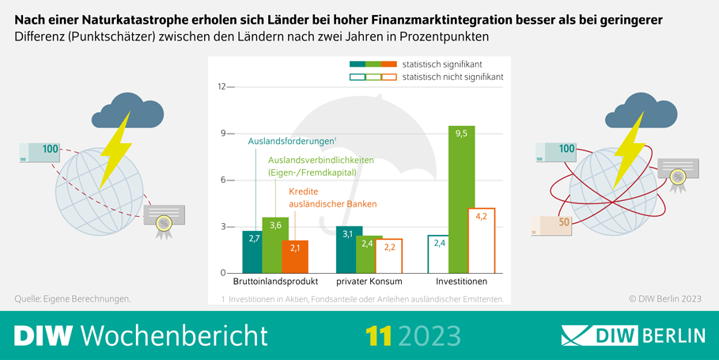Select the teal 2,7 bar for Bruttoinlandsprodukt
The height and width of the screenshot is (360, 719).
tap(255, 251)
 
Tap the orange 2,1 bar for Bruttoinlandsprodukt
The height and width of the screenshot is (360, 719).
tap(294, 256)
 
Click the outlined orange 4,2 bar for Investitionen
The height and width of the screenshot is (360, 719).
tap(481, 241)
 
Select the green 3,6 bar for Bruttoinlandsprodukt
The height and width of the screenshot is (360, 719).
tap(275, 245)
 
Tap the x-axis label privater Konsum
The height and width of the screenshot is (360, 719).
tap(369, 282)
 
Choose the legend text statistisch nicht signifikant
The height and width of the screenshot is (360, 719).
tap(452, 78)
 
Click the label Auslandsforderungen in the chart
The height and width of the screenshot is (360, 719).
tap(292, 142)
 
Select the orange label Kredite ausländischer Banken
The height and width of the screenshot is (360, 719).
tap(332, 198)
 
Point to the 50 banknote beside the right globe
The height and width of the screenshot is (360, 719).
tap(554, 224)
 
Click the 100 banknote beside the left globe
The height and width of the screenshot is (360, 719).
tap(39, 150)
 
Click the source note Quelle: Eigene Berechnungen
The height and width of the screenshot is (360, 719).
tap(73, 298)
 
